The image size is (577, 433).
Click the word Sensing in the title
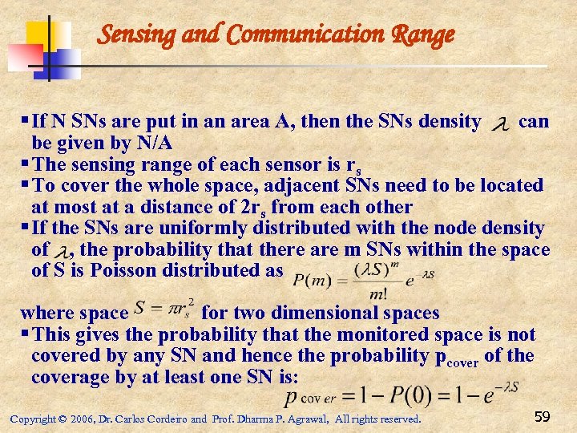pyautogui.click(x=130, y=34)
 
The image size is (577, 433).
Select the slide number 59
pyautogui.click(x=542, y=416)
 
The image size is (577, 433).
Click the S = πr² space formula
pyautogui.click(x=165, y=310)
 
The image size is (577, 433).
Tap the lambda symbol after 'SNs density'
pyautogui.click(x=500, y=123)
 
